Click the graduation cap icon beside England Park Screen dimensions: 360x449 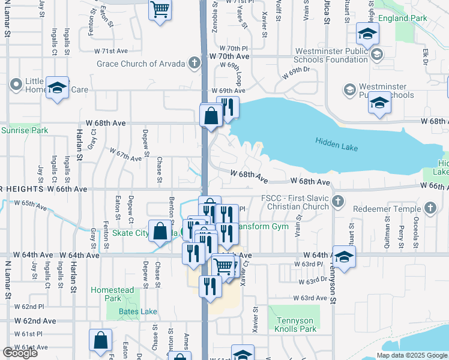pos(367,34)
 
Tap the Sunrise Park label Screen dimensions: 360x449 pos(24,130)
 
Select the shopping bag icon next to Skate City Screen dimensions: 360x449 pos(160,232)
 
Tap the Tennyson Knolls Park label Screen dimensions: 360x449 pos(295,325)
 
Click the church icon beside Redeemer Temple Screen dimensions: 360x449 pos(429,208)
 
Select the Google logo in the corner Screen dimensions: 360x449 pos(20,352)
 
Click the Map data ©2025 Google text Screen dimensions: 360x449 pos(412,355)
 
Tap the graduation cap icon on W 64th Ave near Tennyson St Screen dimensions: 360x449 pos(343,256)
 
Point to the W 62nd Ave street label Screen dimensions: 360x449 pos(36,321)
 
